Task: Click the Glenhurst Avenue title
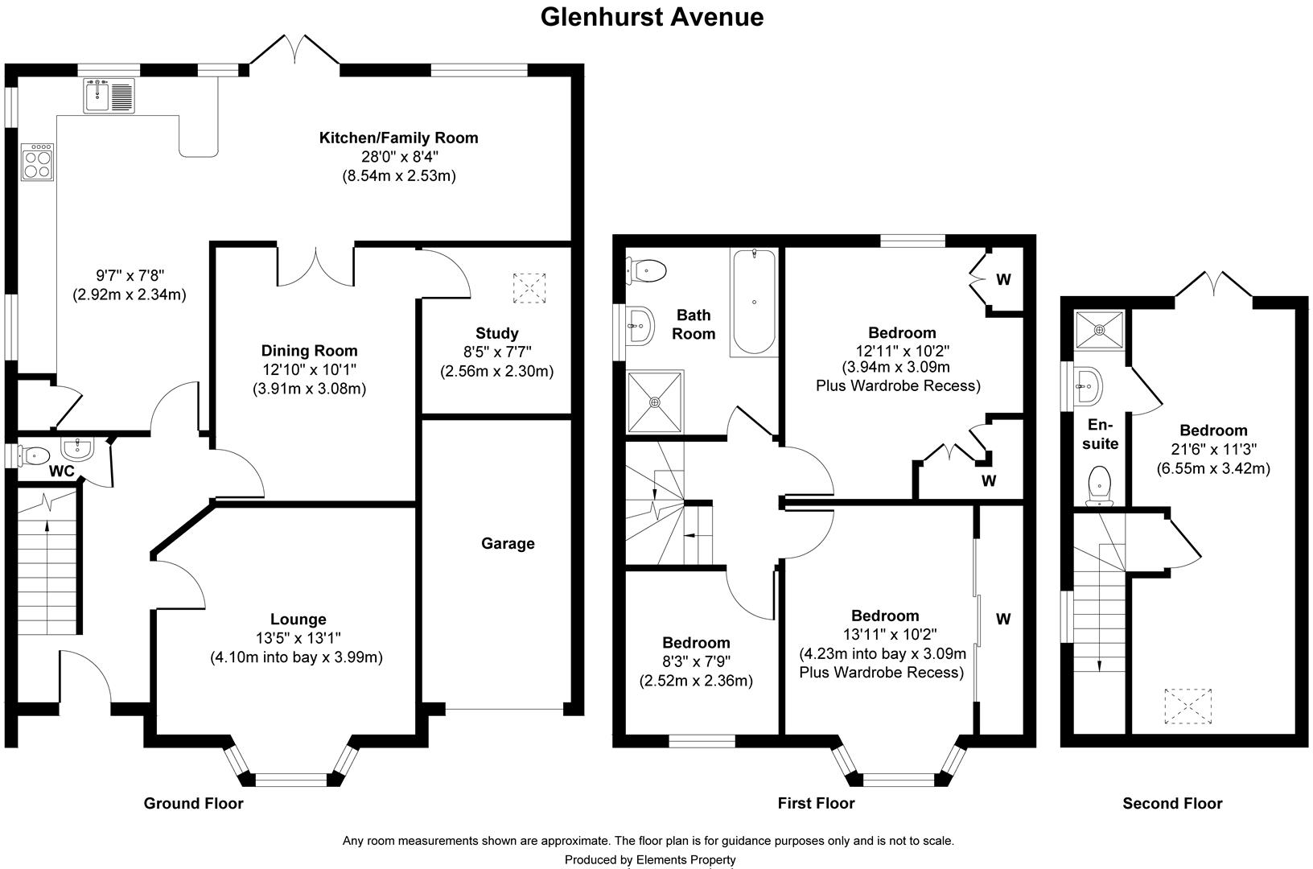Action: tap(652, 17)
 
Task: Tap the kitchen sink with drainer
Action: tap(109, 96)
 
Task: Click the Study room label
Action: tap(497, 333)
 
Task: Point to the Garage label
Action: tap(508, 544)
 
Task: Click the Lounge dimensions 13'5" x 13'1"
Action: tap(298, 638)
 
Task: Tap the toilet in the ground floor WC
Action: tap(33, 455)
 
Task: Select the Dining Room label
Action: tap(310, 351)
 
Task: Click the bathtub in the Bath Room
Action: tap(754, 303)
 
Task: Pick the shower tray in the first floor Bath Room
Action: tap(656, 402)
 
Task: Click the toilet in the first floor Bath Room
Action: tap(646, 271)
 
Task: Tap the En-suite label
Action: tap(1100, 434)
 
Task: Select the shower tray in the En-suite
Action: tap(1100, 330)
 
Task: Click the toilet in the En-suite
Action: tap(1099, 485)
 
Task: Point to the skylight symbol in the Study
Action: tap(529, 288)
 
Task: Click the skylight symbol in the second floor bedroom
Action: tap(1187, 706)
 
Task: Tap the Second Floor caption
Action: tap(1172, 803)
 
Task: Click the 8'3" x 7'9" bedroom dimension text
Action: tap(697, 661)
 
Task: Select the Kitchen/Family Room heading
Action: tap(398, 138)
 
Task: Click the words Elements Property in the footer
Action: tap(685, 860)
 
